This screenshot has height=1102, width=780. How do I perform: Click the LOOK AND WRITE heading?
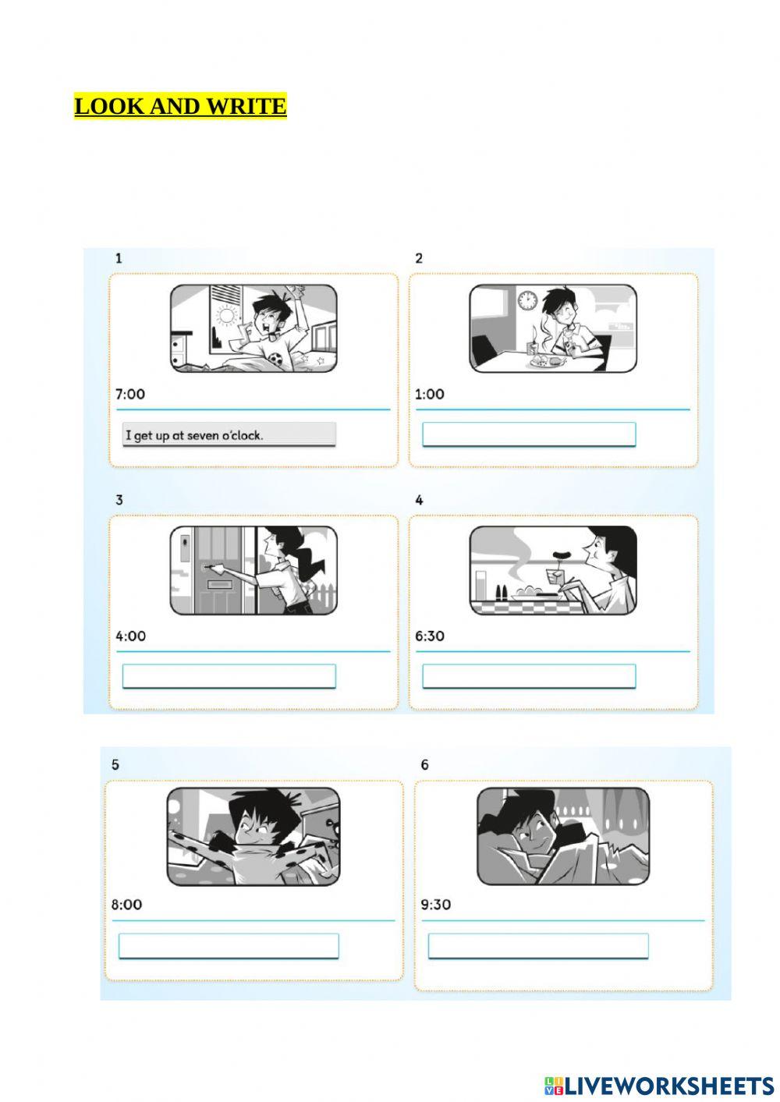pyautogui.click(x=180, y=106)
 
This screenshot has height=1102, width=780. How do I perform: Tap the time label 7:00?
pyautogui.click(x=130, y=394)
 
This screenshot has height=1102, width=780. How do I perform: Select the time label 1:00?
pyautogui.click(x=430, y=394)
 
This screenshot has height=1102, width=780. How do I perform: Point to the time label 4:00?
pyautogui.click(x=131, y=636)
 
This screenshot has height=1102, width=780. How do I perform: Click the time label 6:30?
pyautogui.click(x=430, y=636)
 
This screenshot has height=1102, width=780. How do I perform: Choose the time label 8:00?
pyautogui.click(x=126, y=905)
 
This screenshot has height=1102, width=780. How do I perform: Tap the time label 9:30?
pyautogui.click(x=436, y=905)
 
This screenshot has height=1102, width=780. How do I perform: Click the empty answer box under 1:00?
pyautogui.click(x=529, y=434)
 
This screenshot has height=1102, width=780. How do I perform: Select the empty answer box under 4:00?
pyautogui.click(x=229, y=676)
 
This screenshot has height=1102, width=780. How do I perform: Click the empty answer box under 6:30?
pyautogui.click(x=529, y=676)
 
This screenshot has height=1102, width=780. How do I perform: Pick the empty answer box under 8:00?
pyautogui.click(x=229, y=945)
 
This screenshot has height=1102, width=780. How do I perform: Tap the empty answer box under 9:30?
pyautogui.click(x=538, y=945)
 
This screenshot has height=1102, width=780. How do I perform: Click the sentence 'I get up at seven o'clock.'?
pyautogui.click(x=229, y=435)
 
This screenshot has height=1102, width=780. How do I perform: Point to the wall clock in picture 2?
pyautogui.click(x=527, y=300)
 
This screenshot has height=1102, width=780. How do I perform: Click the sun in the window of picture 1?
pyautogui.click(x=228, y=316)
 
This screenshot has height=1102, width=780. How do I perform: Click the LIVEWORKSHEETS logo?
pyautogui.click(x=659, y=1085)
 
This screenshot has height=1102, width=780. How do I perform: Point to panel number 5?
pyautogui.click(x=115, y=764)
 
